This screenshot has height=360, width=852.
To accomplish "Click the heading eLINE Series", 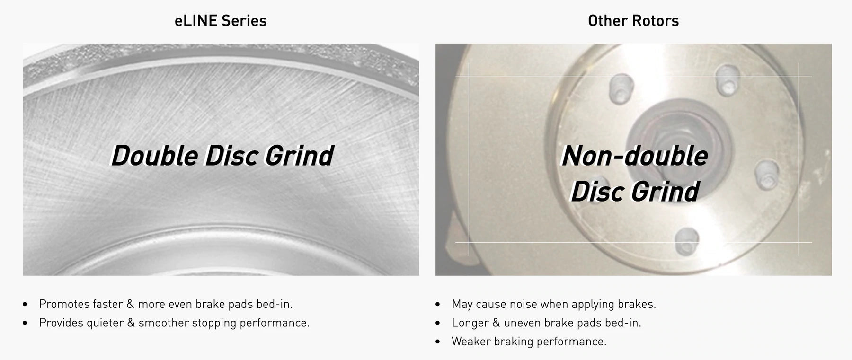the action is point(221,21).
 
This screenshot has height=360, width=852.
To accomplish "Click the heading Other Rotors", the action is point(633,21).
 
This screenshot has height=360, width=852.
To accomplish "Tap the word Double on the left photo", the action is point(155,155).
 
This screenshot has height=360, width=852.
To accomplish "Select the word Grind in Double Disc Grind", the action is point(299,155).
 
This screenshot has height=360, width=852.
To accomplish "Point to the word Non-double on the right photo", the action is point(634,155).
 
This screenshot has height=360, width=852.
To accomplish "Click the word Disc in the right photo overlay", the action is point(597,191).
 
